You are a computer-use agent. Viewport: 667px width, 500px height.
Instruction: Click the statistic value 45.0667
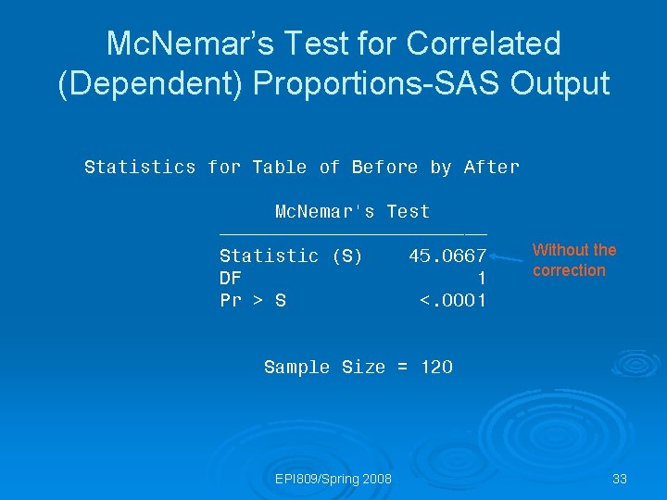pos(447,256)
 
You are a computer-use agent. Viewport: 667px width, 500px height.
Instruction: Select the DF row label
pos(230,278)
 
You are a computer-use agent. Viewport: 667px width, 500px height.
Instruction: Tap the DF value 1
pos(481,278)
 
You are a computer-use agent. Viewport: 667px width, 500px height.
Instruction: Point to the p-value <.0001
pos(453,300)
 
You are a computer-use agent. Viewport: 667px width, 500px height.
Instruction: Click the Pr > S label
pos(252,300)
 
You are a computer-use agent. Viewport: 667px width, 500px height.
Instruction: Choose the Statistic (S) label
pos(291,256)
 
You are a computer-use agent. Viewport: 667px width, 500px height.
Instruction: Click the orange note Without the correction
pos(573,260)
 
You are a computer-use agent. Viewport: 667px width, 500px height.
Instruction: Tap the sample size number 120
pos(436,367)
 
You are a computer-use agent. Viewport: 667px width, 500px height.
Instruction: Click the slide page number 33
pos(620,479)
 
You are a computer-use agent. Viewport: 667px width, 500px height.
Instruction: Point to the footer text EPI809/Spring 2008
pos(333,479)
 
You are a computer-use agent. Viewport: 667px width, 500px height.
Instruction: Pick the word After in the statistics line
pos(492,168)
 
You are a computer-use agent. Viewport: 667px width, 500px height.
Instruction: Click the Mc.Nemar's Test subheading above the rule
pos(353,211)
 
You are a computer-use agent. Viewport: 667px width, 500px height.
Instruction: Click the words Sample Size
pos(323,367)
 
